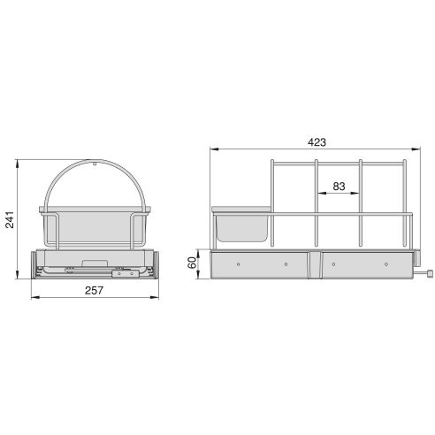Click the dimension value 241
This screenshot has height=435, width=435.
click(x=10, y=222)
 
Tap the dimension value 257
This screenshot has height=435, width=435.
click(x=95, y=290)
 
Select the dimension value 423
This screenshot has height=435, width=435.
click(x=316, y=139)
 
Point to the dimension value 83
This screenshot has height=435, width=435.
click(x=339, y=187)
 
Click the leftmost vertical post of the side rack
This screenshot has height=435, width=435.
click(x=272, y=203)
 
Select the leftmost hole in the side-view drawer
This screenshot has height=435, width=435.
click(x=239, y=263)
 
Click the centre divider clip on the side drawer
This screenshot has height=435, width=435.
click(x=314, y=263)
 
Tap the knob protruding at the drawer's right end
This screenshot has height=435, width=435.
click(x=428, y=275)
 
